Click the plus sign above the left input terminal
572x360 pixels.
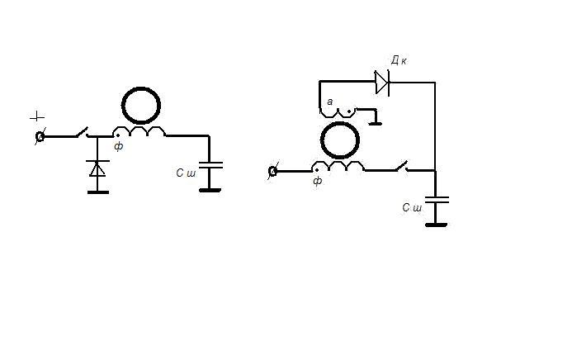pyautogui.click(x=36, y=117)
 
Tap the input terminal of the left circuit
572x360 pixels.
pyautogui.click(x=40, y=136)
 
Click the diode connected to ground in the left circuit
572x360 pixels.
pyautogui.click(x=97, y=169)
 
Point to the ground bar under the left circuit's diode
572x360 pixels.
pyautogui.click(x=97, y=192)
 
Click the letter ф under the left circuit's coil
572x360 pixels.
pyautogui.click(x=119, y=147)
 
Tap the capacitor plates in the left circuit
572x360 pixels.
pyautogui.click(x=210, y=168)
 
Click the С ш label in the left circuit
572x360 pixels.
pyautogui.click(x=186, y=173)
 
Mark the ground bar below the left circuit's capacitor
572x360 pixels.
pyautogui.click(x=210, y=190)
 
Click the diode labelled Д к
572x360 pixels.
pyautogui.click(x=381, y=82)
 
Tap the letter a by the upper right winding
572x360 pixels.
pyautogui.click(x=329, y=102)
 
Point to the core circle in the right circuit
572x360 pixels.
pyautogui.click(x=338, y=140)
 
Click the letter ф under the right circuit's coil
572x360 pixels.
pyautogui.click(x=318, y=181)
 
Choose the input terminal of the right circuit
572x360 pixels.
pyautogui.click(x=273, y=171)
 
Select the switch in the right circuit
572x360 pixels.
pyautogui.click(x=401, y=167)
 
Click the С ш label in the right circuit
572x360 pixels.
pyautogui.click(x=412, y=207)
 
